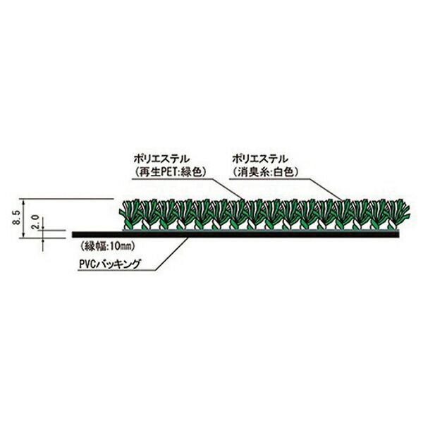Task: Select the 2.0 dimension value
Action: (x=35, y=222)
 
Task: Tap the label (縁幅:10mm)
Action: (x=107, y=246)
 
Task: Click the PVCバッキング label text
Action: (x=110, y=263)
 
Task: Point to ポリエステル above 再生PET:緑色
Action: (x=161, y=159)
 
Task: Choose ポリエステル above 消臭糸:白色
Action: (x=260, y=159)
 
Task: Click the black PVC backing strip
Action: (x=235, y=235)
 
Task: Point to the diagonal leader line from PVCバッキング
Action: (x=172, y=253)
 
